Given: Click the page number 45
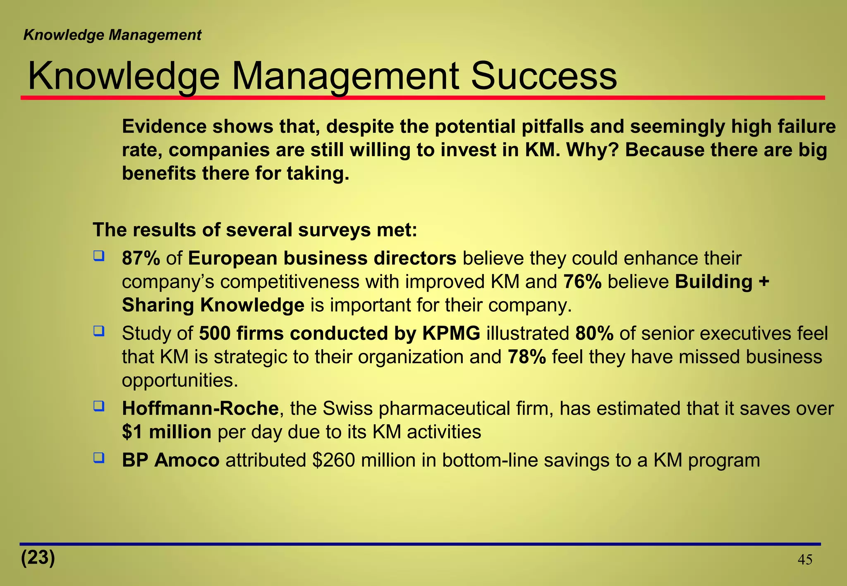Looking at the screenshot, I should [804, 560].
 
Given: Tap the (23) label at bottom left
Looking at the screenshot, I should [38, 557].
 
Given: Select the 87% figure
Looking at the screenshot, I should [141, 259].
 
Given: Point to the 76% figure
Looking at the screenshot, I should [582, 282].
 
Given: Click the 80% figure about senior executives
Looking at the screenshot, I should [594, 334].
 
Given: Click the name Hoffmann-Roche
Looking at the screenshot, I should [200, 409].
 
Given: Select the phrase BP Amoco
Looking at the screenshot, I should [170, 460].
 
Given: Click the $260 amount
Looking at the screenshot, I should [333, 460].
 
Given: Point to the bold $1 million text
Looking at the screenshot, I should [167, 432].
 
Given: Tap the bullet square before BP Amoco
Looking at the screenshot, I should [98, 457].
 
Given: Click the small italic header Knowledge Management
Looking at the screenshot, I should [112, 35].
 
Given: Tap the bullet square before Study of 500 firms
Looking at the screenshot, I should [98, 331].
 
